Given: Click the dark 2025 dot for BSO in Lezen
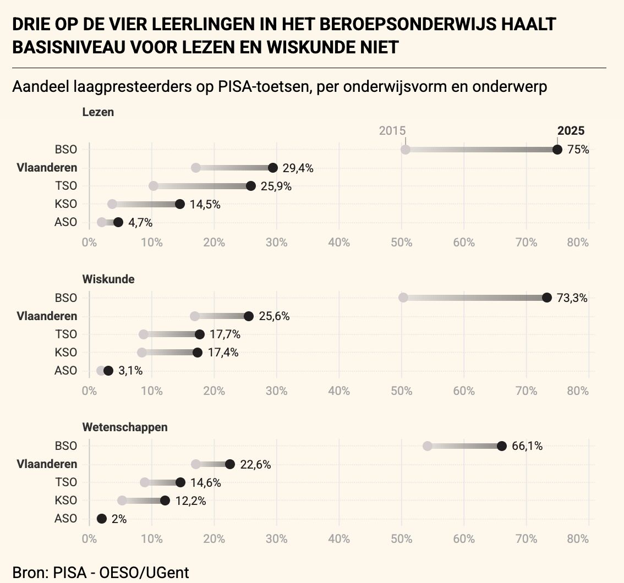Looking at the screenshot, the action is (557, 150).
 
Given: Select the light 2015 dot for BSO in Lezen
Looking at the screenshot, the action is (405, 150).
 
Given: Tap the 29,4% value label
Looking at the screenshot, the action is (298, 168).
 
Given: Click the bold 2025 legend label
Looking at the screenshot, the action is (571, 130).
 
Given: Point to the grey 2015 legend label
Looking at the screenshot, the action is (392, 130).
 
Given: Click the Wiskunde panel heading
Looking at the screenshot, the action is (108, 279).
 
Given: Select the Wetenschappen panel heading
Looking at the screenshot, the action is (124, 427).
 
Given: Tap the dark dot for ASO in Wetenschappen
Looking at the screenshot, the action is (101, 519).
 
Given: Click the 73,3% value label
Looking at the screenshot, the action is (572, 298).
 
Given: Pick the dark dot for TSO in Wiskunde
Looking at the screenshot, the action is (199, 334).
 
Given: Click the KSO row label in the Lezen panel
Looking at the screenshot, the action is (65, 204).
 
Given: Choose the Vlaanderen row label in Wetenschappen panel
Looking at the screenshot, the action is (47, 464).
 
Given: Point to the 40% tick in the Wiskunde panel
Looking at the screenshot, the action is (338, 391).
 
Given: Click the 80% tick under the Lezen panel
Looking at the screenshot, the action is (577, 242).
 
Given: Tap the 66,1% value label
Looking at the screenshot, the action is (527, 446).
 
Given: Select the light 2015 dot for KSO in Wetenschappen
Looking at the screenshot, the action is (122, 501).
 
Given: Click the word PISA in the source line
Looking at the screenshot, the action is (70, 573).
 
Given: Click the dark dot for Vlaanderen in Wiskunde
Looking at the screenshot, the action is (248, 316).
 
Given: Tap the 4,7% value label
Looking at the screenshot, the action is (140, 223).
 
